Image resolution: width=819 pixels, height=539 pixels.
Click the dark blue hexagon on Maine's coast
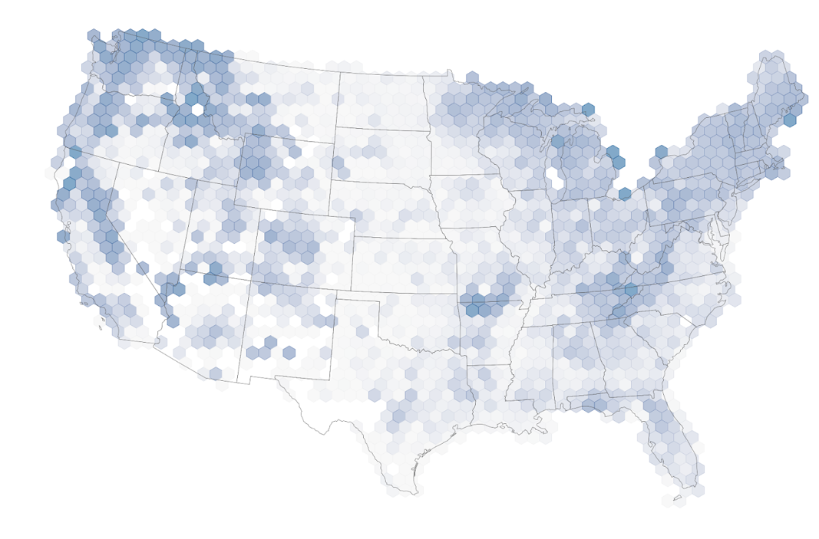point(790,120)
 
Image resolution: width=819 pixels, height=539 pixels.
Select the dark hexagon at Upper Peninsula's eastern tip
point(588,110)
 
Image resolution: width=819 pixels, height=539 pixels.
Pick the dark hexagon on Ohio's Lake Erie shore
point(625,194)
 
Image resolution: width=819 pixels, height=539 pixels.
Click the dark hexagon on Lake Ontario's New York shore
point(662,152)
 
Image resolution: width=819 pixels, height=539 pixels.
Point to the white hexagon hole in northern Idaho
point(198,110)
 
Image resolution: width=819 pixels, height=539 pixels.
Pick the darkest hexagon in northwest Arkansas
point(473,310)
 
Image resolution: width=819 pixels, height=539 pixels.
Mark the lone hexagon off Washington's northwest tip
point(93,35)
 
